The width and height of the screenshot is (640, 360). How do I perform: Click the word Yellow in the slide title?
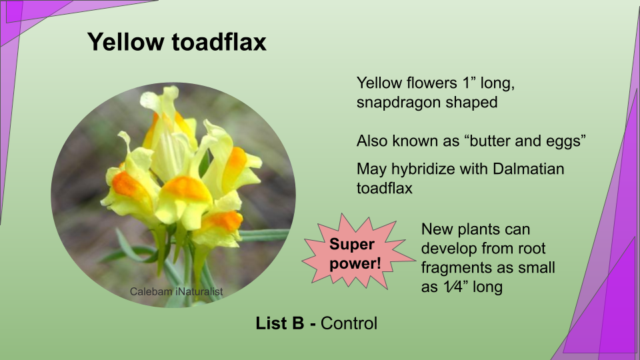click(125, 41)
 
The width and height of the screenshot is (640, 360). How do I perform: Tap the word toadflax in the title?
click(219, 41)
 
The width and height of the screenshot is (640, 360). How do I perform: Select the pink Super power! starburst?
click(357, 252)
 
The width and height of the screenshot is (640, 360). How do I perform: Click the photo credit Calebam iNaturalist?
click(176, 291)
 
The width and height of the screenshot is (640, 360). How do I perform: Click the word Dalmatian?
click(528, 169)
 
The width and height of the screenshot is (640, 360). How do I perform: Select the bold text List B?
click(280, 323)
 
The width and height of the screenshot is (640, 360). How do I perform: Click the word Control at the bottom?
click(349, 323)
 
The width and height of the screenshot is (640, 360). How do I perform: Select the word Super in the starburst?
click(352, 244)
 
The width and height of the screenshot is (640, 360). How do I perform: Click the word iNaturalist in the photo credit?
click(199, 291)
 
